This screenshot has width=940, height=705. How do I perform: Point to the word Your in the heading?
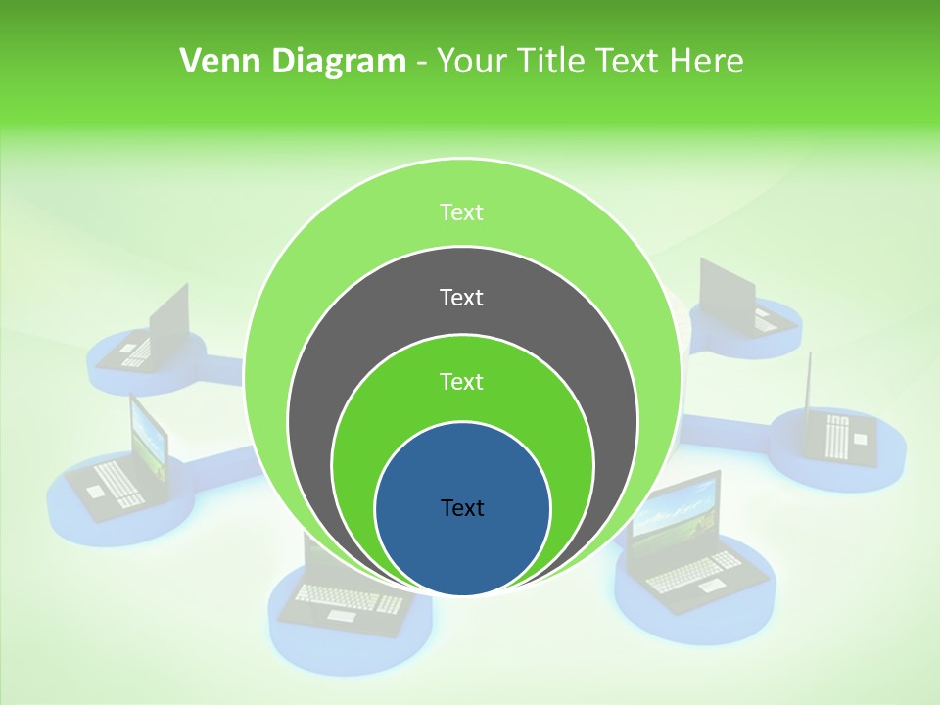coord(468,62)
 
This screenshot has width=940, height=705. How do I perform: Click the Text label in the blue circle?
coord(462,508)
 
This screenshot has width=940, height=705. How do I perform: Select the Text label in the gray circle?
coord(462,298)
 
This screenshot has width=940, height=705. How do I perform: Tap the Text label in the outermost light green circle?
coord(462,212)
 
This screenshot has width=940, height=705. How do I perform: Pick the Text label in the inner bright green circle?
coord(462,382)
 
